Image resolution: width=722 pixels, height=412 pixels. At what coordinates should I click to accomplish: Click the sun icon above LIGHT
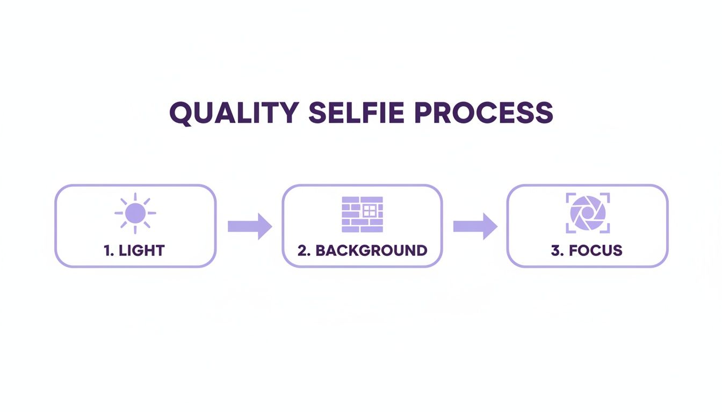pos(135,213)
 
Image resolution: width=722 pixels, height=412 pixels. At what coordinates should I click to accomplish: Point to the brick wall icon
pos(362,214)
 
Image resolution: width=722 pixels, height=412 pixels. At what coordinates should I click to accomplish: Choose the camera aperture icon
pos(588,213)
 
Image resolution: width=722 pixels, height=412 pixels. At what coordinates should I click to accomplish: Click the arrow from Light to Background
pos(250,226)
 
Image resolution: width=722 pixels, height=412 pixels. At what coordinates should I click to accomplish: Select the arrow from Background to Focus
pos(475,226)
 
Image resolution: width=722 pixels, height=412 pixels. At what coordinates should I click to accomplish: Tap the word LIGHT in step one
pos(142,251)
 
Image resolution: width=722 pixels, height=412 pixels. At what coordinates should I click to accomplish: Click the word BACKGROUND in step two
pos(371,251)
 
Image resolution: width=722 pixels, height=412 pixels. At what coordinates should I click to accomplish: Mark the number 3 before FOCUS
pos(556,251)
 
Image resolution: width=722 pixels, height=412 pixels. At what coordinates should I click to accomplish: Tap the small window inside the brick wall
pos(369,210)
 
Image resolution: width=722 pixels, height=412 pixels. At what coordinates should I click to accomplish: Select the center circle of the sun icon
pos(135,213)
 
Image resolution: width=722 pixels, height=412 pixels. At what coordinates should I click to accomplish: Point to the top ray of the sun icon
pos(135,197)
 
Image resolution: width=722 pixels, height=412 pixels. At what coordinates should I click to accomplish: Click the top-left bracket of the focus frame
pos(570,197)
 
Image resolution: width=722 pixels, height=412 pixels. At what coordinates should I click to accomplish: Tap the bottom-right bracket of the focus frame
pos(605,229)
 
